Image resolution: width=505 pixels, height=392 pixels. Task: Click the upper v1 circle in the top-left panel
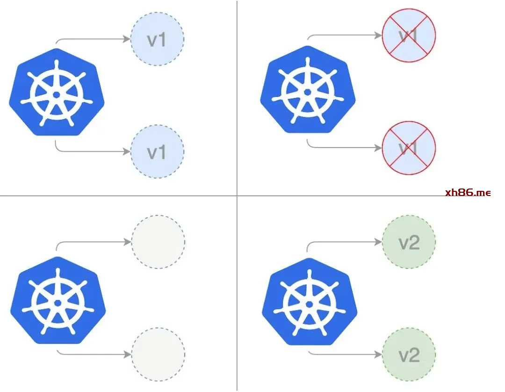157,39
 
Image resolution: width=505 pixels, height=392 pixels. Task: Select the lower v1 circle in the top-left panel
157,151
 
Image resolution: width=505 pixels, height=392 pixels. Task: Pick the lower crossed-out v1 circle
409,147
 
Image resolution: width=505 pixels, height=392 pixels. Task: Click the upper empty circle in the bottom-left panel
158,242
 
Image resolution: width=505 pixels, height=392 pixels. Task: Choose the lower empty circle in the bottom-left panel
158,354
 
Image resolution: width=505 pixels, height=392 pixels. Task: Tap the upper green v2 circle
409,242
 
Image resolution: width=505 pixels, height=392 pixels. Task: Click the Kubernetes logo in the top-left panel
57,94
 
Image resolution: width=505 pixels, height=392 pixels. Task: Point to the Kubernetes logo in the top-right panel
308,91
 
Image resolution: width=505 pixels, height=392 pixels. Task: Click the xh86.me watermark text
468,192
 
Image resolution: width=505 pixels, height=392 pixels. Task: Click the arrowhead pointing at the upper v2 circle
378,242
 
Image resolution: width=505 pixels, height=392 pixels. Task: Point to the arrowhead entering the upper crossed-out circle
378,35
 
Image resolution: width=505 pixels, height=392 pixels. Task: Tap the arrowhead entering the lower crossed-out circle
378,147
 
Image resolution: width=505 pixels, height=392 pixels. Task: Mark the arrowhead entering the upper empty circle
128,242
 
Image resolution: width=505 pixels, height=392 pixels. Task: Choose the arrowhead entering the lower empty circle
128,354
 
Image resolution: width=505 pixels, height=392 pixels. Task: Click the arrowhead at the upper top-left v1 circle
127,39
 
